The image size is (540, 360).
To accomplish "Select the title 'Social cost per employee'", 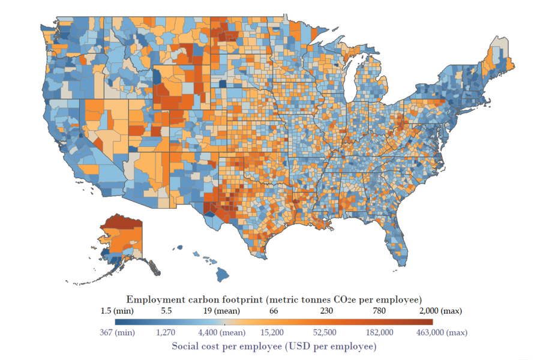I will pos(274,346).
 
